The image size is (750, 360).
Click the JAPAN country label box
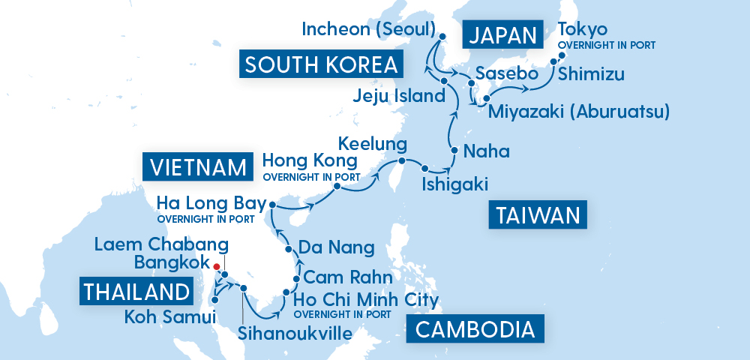(502, 35)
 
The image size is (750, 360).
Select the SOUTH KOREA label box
(321, 64)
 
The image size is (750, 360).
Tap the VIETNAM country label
(196, 166)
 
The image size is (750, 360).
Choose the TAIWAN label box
(537, 216)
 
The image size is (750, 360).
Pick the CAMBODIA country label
(475, 329)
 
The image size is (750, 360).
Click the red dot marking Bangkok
(216, 266)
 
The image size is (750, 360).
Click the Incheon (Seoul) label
(368, 30)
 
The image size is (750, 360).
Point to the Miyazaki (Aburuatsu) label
(578, 112)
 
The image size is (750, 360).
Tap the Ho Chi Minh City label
(366, 300)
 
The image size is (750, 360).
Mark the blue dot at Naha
(453, 151)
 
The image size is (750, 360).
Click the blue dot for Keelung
(402, 161)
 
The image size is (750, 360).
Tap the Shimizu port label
(589, 75)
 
